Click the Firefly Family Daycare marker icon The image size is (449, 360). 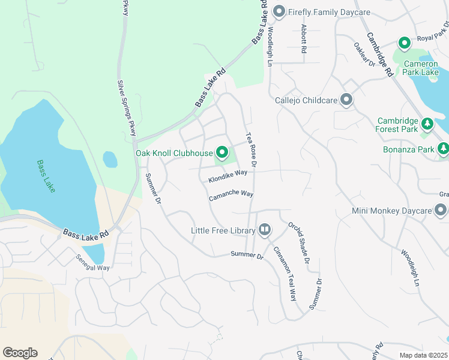tap(278, 12)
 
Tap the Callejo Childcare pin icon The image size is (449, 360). tap(346, 100)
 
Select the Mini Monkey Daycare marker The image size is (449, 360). tap(441, 211)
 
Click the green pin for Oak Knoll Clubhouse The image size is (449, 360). tap(223, 153)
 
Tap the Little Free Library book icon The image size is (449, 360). tap(265, 230)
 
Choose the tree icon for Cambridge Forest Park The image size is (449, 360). tap(427, 124)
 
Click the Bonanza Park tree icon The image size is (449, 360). tap(443, 148)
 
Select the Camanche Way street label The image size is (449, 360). tap(231, 196)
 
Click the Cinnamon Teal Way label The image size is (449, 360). tap(285, 273)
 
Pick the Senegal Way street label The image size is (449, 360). tap(92, 263)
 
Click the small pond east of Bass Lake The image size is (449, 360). tap(110, 160)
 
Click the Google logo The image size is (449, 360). tap(20, 353)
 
